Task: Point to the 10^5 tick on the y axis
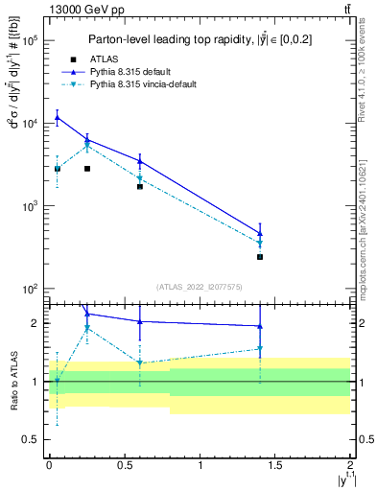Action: (x=32, y=41)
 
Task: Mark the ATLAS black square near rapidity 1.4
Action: (x=260, y=257)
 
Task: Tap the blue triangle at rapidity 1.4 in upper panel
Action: (x=260, y=233)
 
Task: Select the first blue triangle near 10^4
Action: (x=58, y=118)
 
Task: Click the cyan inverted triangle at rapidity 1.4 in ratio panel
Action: (x=260, y=349)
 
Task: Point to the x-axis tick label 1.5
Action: (x=275, y=465)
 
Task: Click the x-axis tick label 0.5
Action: (x=125, y=465)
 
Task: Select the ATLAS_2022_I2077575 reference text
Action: (x=200, y=286)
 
